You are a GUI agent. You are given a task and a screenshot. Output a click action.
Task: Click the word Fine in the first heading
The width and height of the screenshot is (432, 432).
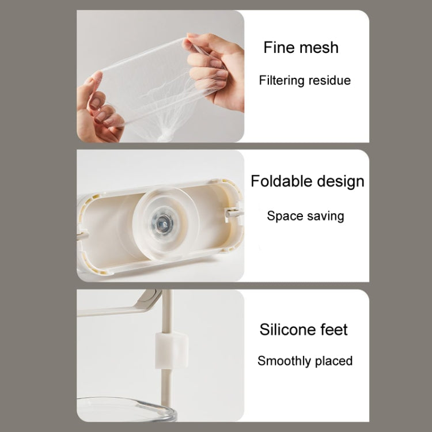(x=279, y=47)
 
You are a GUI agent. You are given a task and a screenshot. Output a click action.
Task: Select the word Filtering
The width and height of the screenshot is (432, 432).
(x=281, y=81)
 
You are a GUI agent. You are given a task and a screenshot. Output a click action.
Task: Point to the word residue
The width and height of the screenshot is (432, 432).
(x=329, y=81)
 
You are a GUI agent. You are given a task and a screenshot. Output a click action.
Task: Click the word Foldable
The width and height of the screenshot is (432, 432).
(x=281, y=181)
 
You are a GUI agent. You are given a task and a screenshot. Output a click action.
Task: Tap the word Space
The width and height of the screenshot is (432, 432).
(x=285, y=216)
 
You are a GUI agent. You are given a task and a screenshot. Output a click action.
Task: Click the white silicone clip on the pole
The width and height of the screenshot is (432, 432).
(x=171, y=350)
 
